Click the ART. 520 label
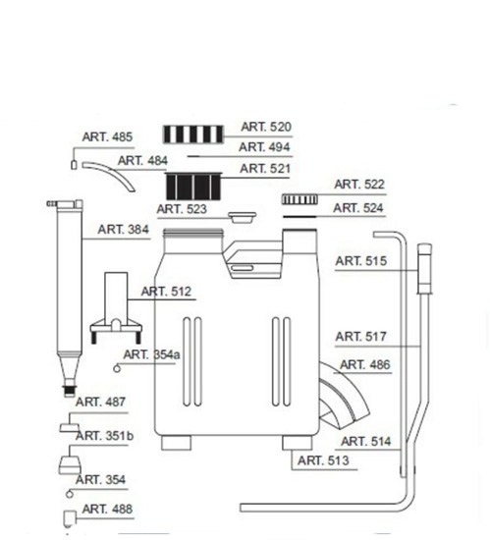pyautogui.click(x=266, y=127)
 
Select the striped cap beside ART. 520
pyautogui.click(x=193, y=134)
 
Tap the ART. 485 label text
pyautogui.click(x=107, y=136)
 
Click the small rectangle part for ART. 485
pyautogui.click(x=74, y=165)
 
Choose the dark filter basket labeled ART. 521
pyautogui.click(x=193, y=187)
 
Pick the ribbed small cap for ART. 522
pyautogui.click(x=299, y=199)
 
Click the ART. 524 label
pyautogui.click(x=358, y=208)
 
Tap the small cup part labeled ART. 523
pyautogui.click(x=243, y=217)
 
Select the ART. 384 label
pyautogui.click(x=124, y=230)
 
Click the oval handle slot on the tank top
pyautogui.click(x=243, y=268)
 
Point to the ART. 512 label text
pyautogui.click(x=166, y=292)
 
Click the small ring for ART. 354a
pyautogui.click(x=117, y=368)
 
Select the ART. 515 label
pyautogui.click(x=360, y=261)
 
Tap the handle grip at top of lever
pyautogui.click(x=424, y=268)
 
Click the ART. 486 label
pyautogui.click(x=365, y=364)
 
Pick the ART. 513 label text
pyautogui.click(x=323, y=460)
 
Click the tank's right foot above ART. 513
pyautogui.click(x=298, y=443)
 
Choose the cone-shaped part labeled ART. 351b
pyautogui.click(x=70, y=464)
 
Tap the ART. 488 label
pyautogui.click(x=107, y=509)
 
